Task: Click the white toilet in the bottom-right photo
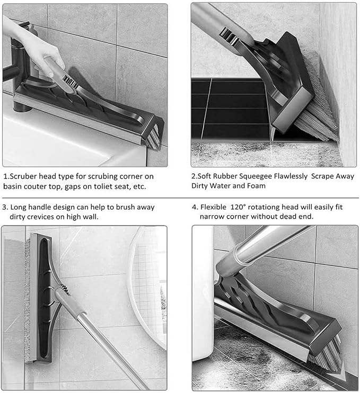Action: click(204, 318)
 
